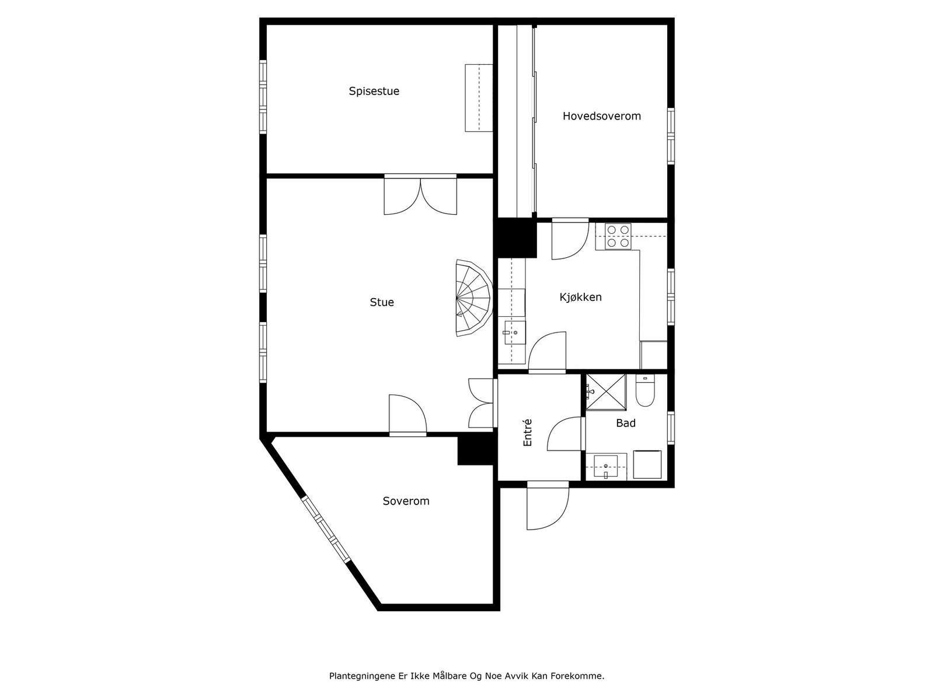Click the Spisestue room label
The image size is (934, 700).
(x=374, y=91)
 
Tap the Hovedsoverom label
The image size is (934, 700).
(x=601, y=116)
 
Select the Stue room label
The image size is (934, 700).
(x=382, y=302)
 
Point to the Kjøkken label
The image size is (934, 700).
(x=580, y=297)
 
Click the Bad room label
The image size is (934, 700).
(x=625, y=423)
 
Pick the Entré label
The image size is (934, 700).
(x=528, y=433)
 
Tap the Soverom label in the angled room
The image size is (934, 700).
(x=406, y=501)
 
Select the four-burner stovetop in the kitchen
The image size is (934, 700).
(x=618, y=236)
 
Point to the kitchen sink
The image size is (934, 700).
(x=512, y=333)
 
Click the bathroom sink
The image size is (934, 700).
(x=606, y=466)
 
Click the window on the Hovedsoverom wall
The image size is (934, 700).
(x=671, y=135)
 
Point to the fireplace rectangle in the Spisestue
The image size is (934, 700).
(x=479, y=97)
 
